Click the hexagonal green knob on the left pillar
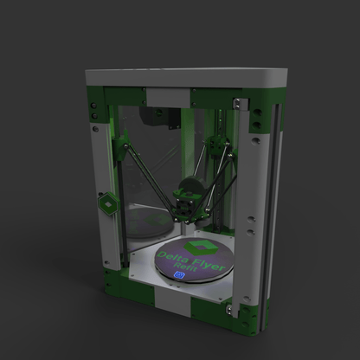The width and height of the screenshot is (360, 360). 106,205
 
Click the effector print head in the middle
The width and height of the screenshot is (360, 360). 187,204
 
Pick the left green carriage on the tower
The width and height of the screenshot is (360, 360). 123,138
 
